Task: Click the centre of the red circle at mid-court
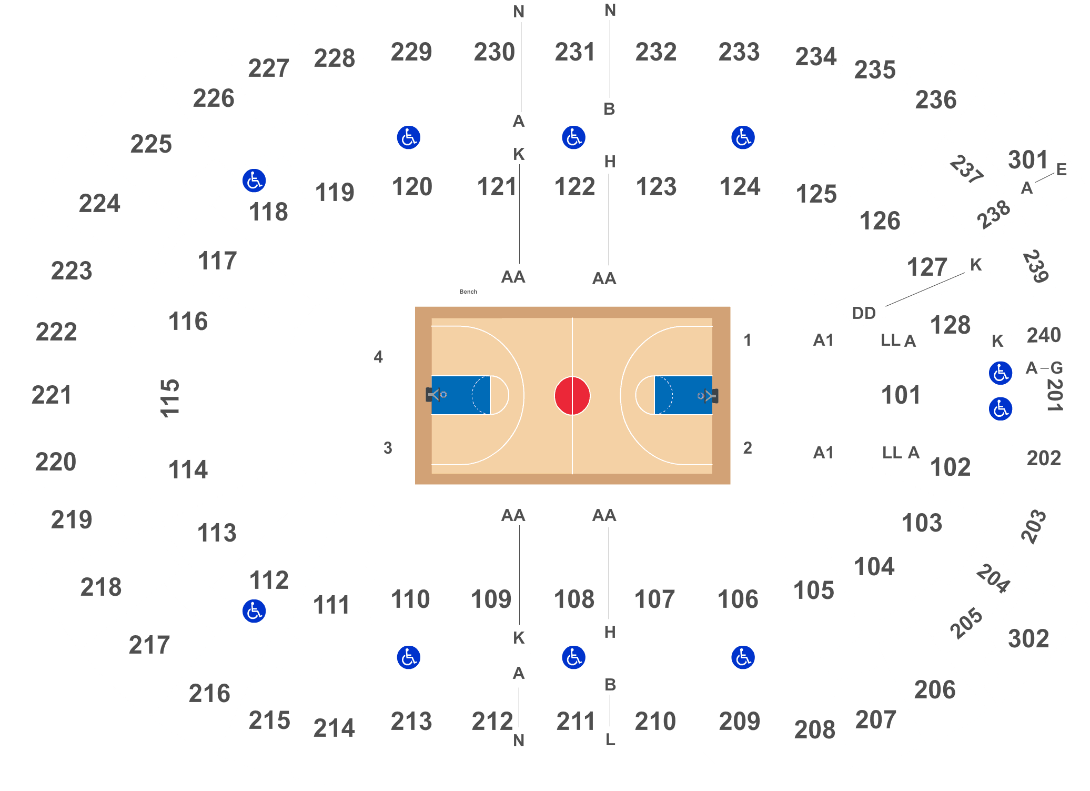(x=572, y=396)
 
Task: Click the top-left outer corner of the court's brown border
(x=415, y=307)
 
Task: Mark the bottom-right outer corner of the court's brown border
(x=730, y=484)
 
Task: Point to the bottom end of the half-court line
(x=572, y=474)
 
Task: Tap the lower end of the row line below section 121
(x=520, y=263)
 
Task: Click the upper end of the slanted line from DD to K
(x=964, y=273)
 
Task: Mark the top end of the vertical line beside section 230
(x=521, y=22)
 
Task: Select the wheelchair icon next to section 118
(x=254, y=181)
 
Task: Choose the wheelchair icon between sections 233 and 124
(x=743, y=137)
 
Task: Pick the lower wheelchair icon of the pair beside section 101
(x=1001, y=409)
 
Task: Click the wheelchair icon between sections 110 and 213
(x=409, y=657)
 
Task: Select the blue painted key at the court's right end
(x=683, y=395)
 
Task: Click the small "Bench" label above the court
(x=468, y=292)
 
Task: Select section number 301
(x=1028, y=159)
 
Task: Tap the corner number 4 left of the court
(x=378, y=357)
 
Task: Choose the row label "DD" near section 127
(x=864, y=313)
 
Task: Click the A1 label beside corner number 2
(x=823, y=453)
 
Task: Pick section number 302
(x=1028, y=638)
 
